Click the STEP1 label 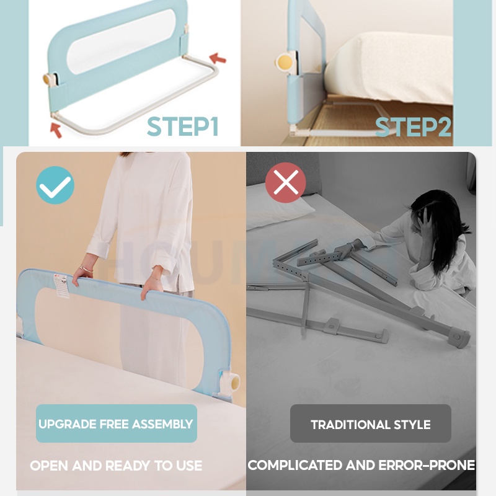pyautogui.click(x=183, y=126)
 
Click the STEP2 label pyautogui.click(x=413, y=127)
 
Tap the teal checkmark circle pyautogui.click(x=55, y=185)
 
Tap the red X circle pyautogui.click(x=286, y=183)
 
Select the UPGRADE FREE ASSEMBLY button pyautogui.click(x=117, y=423)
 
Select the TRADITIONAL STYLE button pyautogui.click(x=370, y=423)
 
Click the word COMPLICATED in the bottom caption pyautogui.click(x=295, y=465)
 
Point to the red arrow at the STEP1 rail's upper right pyautogui.click(x=218, y=58)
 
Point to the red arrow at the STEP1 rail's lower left pyautogui.click(x=56, y=130)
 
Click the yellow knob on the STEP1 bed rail pyautogui.click(x=48, y=79)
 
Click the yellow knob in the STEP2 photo pyautogui.click(x=283, y=62)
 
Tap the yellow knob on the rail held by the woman pyautogui.click(x=236, y=383)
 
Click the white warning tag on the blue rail pyautogui.click(x=61, y=285)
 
